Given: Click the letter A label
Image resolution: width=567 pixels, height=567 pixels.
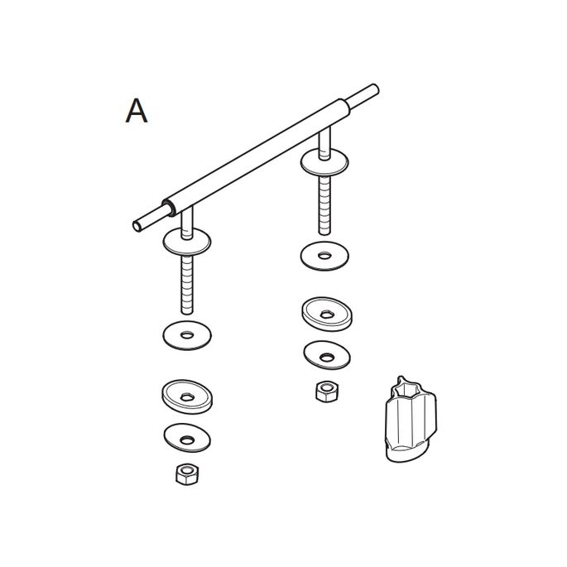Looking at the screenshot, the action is pos(137,111).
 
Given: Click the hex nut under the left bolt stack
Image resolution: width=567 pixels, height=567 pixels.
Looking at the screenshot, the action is pos(187,474).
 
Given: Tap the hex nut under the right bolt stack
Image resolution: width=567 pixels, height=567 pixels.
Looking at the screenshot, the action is pos(327,392).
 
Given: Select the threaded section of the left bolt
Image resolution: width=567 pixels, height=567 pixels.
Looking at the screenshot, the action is pos(187,285).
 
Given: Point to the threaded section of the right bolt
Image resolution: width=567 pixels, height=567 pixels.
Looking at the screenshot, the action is pos(324,205).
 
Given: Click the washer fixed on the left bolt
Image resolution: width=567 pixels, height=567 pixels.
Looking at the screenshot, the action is pos(186,242).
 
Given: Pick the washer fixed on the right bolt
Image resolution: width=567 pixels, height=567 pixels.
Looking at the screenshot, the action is pos(324,162).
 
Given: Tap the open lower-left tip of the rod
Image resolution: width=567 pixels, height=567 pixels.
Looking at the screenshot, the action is pos(137,226).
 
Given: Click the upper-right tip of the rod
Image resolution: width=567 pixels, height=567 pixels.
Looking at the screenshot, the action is pos(375,89).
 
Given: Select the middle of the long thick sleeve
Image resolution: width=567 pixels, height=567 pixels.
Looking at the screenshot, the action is pos(256,157).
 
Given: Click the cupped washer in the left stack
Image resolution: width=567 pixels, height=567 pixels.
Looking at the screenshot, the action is pos(187,396).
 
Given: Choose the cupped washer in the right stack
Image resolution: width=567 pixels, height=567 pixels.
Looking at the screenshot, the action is pos(327,315).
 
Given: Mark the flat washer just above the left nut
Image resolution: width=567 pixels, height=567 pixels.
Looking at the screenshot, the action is pos(187,438).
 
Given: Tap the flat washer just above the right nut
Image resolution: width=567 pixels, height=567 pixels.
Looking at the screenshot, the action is pos(327,355).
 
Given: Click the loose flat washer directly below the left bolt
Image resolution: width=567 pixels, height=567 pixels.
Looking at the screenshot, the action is pos(187,335).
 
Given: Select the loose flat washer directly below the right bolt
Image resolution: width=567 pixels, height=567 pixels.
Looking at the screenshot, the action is pos(324,256).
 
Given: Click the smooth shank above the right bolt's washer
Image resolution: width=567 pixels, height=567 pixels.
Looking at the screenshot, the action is pos(324,143).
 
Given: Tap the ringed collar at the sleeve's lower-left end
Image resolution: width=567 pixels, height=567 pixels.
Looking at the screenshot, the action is pos(170,208).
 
